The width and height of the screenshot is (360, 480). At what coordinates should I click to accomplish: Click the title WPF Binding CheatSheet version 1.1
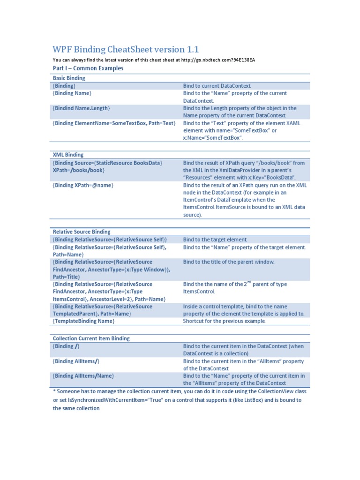point(126,49)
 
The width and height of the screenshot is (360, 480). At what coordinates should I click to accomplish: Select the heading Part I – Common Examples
point(88,68)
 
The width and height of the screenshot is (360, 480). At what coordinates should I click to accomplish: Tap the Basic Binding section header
point(69,78)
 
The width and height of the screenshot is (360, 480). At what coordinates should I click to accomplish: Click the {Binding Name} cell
point(71,93)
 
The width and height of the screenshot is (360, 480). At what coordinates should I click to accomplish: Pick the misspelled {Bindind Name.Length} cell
point(82,108)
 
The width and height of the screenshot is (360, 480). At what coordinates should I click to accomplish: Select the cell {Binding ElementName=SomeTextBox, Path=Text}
point(114,123)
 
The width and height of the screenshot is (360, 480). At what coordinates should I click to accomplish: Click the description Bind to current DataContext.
point(217,86)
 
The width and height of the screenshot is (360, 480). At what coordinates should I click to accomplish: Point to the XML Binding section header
point(68,155)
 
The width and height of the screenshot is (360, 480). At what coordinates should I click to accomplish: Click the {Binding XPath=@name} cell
point(83,185)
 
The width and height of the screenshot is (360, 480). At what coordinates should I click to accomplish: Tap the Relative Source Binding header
point(82,232)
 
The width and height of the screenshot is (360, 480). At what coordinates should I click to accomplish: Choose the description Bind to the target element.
point(215,240)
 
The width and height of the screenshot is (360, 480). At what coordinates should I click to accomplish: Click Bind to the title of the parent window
point(228,262)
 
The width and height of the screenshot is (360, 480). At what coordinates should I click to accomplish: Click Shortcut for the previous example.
point(224,321)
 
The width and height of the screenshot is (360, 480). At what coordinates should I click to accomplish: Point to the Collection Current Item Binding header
point(91,338)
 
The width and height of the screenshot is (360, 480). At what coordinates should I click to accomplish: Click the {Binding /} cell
point(66,346)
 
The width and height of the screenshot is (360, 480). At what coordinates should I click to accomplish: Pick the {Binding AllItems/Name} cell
point(83,376)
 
